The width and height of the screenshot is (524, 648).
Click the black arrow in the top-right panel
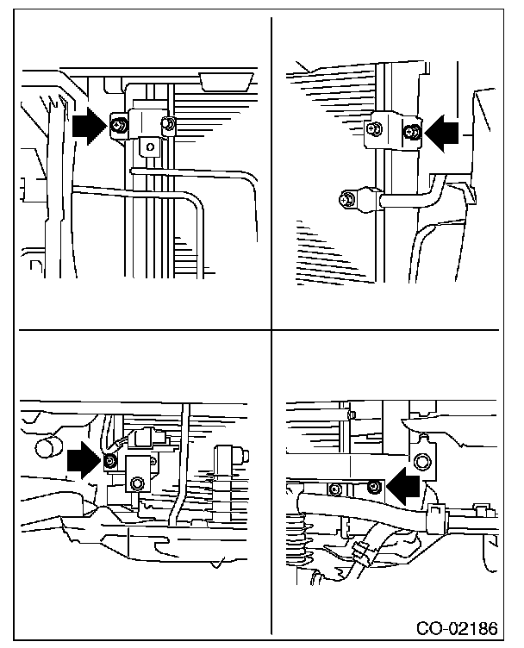(445, 131)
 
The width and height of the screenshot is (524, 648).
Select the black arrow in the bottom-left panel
(84, 460)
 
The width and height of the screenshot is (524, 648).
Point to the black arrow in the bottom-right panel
(402, 488)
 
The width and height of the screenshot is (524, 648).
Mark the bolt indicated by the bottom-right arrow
(373, 489)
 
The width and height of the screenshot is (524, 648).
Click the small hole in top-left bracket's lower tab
(150, 147)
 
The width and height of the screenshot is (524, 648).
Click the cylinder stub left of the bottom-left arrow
(47, 448)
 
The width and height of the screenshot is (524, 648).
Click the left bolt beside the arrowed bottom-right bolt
(336, 489)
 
